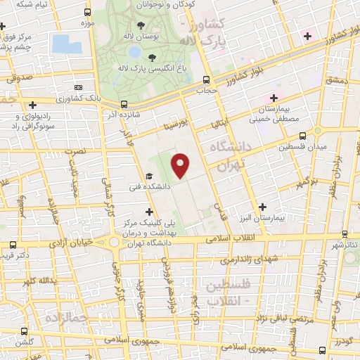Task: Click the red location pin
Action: (181, 165)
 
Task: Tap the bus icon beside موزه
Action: (86, 13)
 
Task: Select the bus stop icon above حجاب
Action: (205, 79)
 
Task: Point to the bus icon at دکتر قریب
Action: (13, 245)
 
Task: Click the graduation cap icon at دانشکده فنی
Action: (149, 176)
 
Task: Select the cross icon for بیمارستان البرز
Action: (263, 207)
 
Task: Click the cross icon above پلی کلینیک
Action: (149, 211)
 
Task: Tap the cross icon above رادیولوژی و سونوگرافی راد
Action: (32, 105)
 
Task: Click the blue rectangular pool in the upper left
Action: (66, 44)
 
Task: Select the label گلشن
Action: (26, 341)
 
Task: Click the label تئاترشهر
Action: (345, 244)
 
